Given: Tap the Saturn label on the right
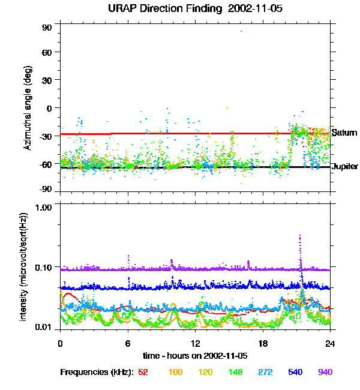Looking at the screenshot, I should pos(344,133).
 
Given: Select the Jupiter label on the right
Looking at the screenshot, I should pos(345,166).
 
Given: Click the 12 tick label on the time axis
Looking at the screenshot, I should pos(196,343).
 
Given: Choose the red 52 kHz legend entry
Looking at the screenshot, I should pos(143,372).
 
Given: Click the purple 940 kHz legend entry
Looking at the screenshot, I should pos(325,372).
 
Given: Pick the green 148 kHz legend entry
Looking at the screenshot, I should pos(235,372).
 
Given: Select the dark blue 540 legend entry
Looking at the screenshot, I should pos(295,372).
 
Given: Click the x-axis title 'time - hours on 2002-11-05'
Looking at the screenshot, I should pos(195,355).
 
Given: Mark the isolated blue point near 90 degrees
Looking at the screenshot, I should pos(241,31).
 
